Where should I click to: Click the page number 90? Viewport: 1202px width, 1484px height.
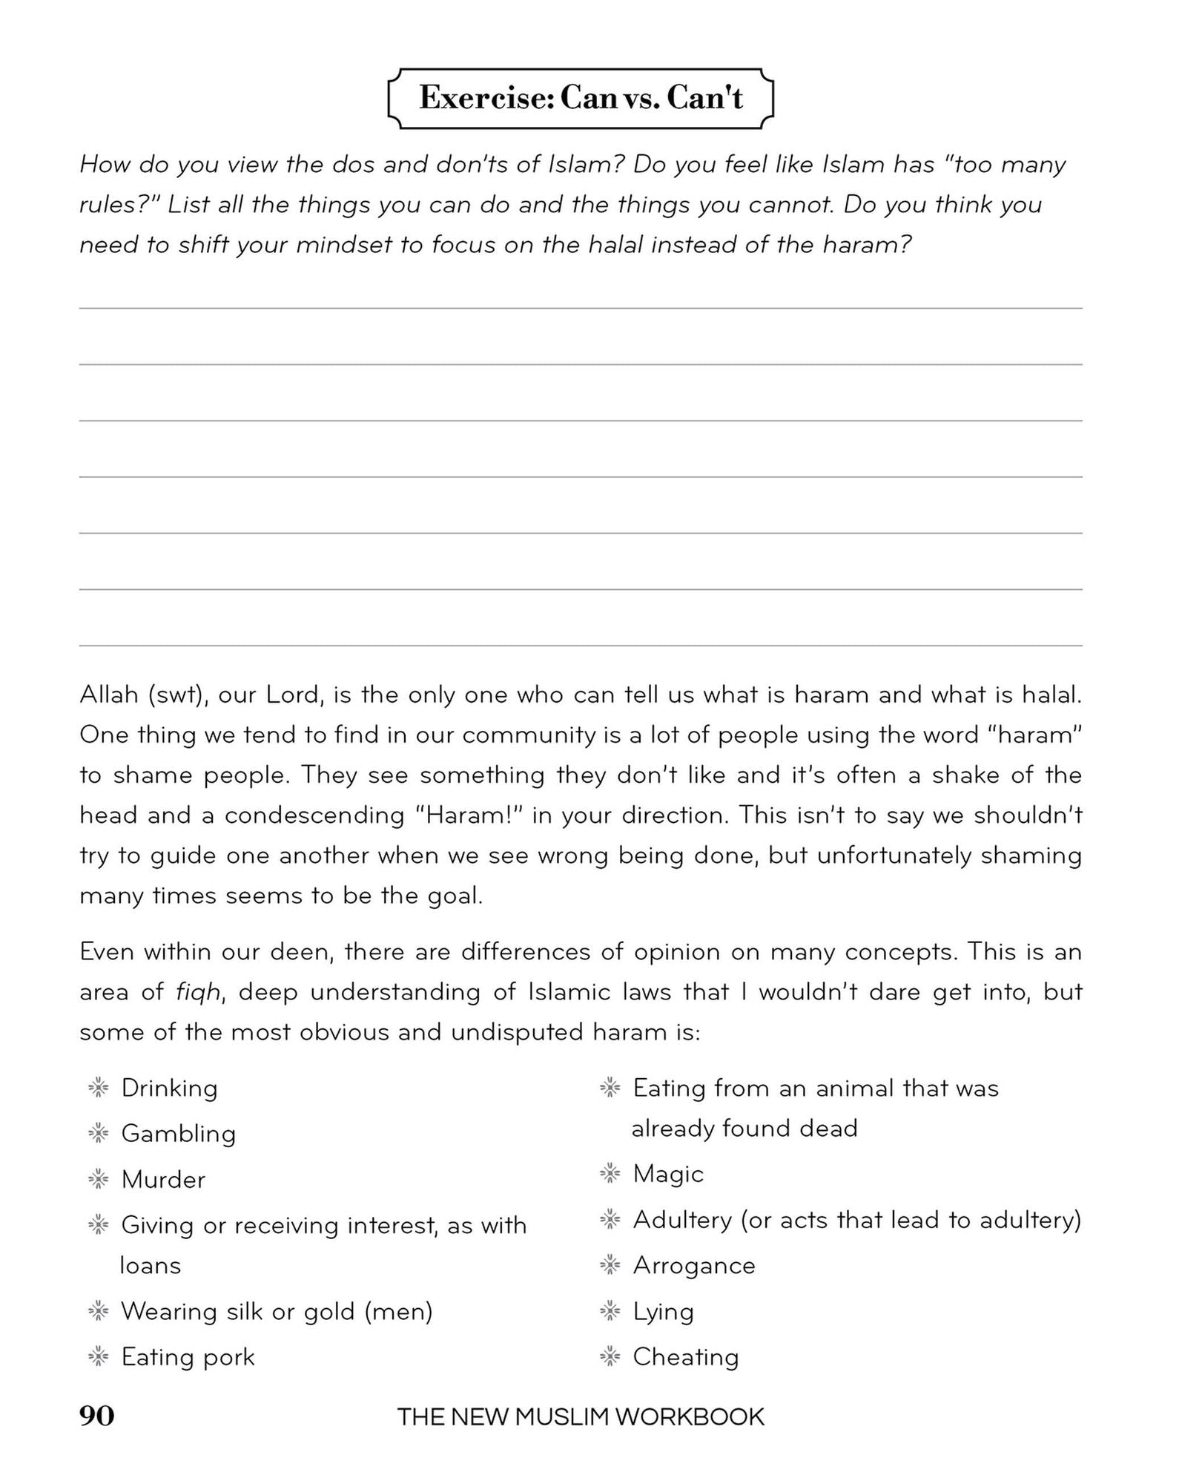(97, 1416)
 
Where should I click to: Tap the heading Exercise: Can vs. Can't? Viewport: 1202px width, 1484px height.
(581, 98)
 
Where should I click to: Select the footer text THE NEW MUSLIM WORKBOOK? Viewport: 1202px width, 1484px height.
(581, 1417)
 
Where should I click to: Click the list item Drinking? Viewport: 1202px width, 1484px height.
(169, 1089)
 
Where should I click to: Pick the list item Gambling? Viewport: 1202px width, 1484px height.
(178, 1134)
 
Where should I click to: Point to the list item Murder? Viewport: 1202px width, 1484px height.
(163, 1180)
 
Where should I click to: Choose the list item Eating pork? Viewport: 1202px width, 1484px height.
(188, 1357)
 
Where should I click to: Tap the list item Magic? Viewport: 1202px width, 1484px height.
(667, 1174)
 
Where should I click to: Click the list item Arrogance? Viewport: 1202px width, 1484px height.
(693, 1266)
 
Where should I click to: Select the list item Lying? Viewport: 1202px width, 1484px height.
(663, 1312)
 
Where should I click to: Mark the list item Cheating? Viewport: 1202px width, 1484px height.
(685, 1357)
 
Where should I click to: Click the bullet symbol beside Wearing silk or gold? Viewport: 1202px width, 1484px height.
(98, 1311)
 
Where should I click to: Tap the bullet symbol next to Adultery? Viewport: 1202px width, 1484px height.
(609, 1219)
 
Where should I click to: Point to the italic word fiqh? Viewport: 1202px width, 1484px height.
(198, 992)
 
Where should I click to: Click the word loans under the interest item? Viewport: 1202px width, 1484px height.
(151, 1265)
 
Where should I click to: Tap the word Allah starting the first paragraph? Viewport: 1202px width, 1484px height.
(109, 695)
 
